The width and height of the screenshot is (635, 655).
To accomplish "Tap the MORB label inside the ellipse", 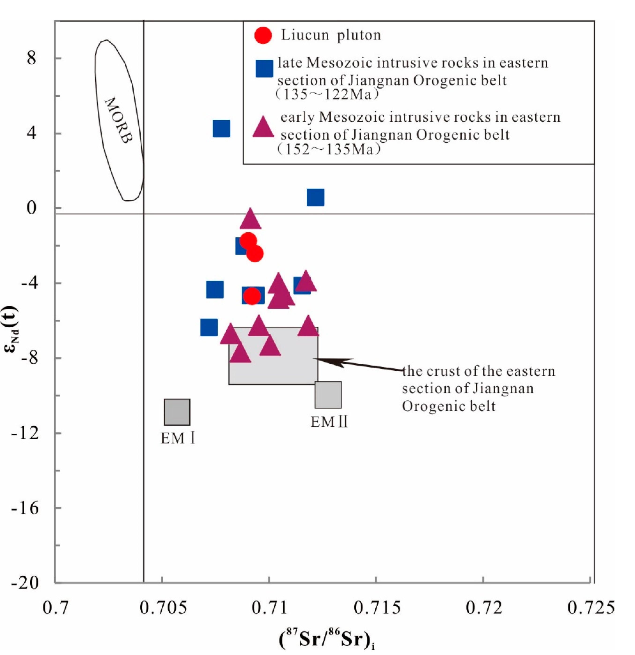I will (x=119, y=120).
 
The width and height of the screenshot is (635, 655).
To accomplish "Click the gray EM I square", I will (x=177, y=412).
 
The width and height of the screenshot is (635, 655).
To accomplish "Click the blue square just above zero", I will (x=315, y=197).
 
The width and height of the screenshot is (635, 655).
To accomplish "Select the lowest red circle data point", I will (x=252, y=296).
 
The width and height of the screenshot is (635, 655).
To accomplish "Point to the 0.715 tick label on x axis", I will (x=377, y=607).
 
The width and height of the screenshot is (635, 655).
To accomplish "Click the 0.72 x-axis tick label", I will (x=484, y=607).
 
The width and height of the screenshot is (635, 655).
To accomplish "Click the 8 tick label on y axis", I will (x=31, y=59).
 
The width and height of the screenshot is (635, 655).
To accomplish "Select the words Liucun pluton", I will (x=331, y=35).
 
